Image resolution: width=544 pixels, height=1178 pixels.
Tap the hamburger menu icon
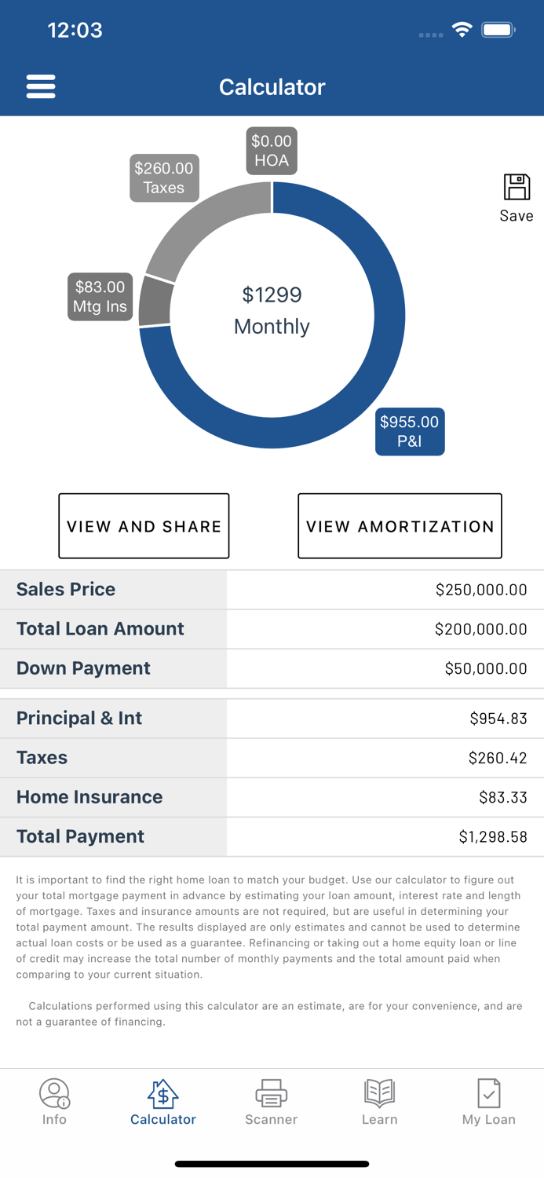point(41,86)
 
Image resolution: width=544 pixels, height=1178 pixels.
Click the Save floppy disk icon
point(517,188)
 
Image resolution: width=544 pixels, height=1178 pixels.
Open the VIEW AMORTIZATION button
point(400,526)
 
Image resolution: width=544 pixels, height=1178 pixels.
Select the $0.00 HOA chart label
point(272,151)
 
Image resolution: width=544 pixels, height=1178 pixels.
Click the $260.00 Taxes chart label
point(163,178)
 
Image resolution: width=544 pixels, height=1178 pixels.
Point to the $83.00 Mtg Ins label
point(100,297)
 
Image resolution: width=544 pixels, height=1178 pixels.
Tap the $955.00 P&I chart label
point(410,431)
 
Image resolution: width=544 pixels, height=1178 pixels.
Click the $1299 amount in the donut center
point(272,295)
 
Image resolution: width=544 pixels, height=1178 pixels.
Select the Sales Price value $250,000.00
point(480,590)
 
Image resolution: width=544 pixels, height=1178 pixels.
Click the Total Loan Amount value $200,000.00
point(480,629)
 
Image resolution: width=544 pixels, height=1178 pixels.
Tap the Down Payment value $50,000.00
point(485,668)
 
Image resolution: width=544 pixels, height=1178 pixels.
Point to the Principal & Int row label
point(79,719)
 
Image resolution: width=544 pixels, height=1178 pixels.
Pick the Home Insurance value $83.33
point(502,797)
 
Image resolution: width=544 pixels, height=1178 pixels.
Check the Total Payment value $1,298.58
point(492,837)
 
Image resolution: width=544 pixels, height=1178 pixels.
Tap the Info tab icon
point(54,1093)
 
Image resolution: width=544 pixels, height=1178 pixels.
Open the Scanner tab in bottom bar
point(271,1102)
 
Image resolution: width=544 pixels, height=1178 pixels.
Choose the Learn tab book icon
point(379,1093)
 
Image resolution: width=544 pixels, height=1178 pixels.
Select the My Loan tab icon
point(488,1093)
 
